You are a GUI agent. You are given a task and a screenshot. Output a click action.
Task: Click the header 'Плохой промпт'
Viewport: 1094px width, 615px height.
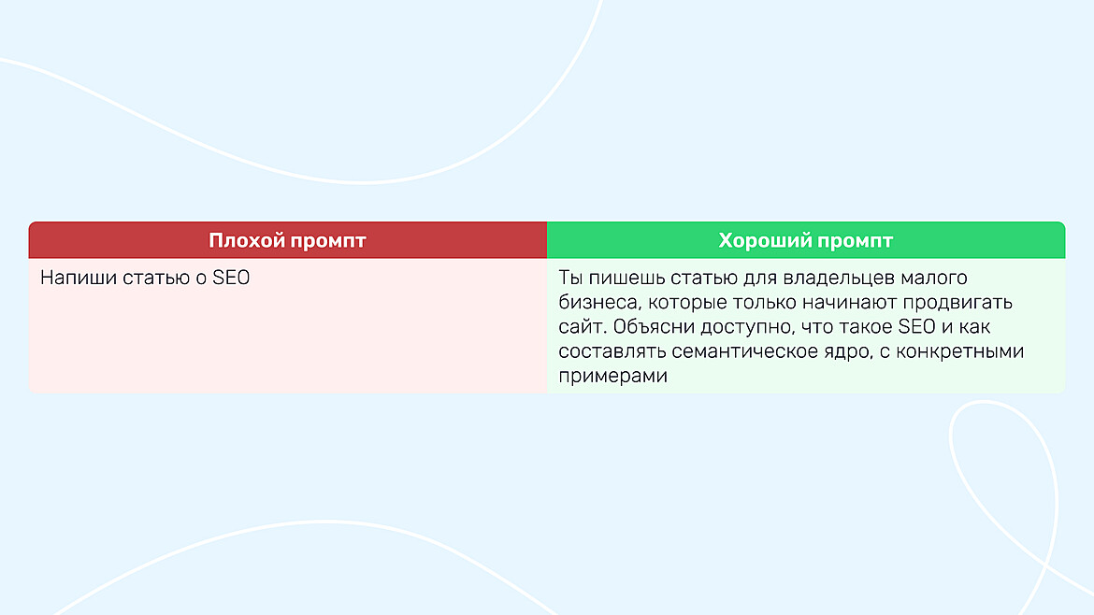pyautogui.click(x=287, y=241)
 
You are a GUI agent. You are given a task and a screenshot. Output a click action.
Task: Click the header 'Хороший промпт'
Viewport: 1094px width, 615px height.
pyautogui.click(x=806, y=241)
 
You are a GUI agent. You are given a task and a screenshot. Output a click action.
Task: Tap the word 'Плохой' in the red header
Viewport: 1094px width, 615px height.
pyautogui.click(x=246, y=241)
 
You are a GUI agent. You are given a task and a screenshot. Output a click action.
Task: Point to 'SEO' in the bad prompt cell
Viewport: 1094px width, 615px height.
pyautogui.click(x=231, y=279)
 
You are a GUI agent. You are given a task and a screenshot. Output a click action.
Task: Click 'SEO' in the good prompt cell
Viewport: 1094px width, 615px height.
pyautogui.click(x=916, y=327)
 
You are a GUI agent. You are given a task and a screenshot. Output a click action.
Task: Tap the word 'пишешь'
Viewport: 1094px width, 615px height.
pyautogui.click(x=618, y=279)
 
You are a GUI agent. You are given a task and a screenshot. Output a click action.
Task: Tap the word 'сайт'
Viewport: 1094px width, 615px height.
pyautogui.click(x=579, y=327)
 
